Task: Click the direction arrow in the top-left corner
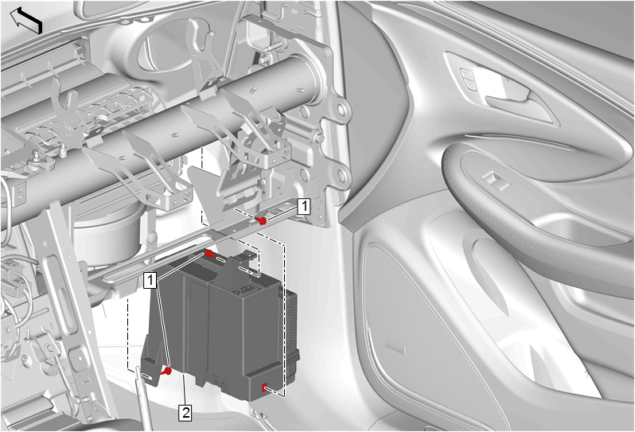[26, 21]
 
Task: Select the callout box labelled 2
[185, 413]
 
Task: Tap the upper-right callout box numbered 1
[304, 206]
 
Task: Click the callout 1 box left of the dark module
[150, 280]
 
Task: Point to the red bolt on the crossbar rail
[262, 220]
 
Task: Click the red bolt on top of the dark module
[209, 254]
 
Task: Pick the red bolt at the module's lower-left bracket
[166, 371]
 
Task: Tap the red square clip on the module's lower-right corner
[264, 387]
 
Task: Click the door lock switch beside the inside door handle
[467, 78]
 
